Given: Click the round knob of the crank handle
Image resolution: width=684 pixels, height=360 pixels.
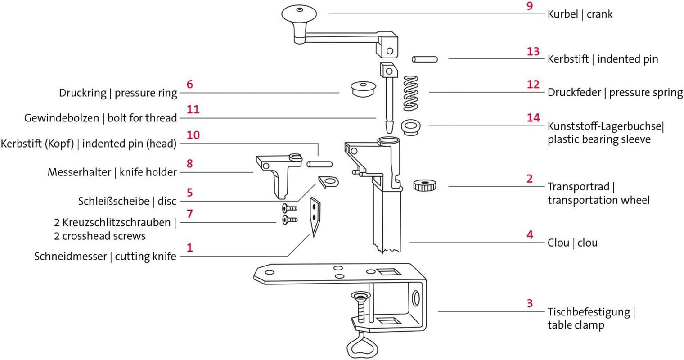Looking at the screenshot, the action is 299,13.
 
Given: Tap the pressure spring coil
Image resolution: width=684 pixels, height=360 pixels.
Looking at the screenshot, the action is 411,94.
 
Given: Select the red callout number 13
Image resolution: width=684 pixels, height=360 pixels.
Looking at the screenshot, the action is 533,52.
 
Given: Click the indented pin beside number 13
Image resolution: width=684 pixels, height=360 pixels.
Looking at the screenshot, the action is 425,59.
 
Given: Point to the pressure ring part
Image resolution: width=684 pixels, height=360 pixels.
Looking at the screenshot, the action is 363,89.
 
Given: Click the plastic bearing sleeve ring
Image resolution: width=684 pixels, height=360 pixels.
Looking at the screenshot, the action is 411,127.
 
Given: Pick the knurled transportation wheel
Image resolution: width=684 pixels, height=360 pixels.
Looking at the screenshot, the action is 425,185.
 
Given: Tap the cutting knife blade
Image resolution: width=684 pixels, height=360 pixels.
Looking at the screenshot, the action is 315,217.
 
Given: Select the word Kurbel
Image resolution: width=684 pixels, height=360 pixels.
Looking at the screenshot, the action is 563,14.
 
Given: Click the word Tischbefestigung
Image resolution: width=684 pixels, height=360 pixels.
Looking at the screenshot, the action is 589,312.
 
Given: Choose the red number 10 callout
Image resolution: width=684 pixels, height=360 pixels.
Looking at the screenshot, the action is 193,135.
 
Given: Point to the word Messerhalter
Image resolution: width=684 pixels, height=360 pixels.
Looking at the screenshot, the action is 79,172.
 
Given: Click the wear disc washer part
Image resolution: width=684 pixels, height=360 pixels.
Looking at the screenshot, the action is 329,182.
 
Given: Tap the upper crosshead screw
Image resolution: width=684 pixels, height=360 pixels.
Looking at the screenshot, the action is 289,208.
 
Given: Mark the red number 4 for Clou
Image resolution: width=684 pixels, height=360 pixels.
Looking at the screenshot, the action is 530,235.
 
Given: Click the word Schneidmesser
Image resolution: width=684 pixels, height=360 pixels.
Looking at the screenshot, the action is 71,256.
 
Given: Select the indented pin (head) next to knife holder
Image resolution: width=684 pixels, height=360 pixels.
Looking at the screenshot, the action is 319,164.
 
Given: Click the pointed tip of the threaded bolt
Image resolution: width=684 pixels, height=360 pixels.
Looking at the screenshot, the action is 389,132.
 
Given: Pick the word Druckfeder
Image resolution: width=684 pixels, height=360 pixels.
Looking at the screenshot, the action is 574,93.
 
